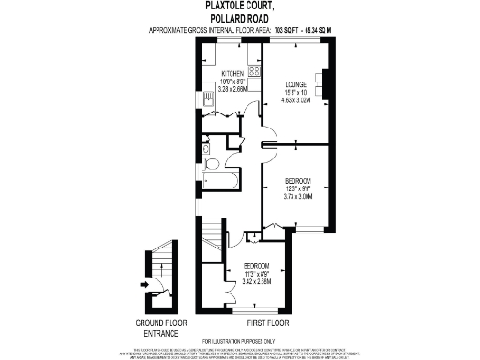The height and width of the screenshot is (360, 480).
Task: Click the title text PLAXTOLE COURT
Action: click(239, 6)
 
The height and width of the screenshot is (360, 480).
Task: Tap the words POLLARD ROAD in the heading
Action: click(239, 18)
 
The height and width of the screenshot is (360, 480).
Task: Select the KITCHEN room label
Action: click(232, 73)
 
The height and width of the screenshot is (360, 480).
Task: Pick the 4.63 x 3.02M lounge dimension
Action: click(297, 99)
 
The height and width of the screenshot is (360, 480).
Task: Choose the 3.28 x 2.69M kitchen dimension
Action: click(232, 89)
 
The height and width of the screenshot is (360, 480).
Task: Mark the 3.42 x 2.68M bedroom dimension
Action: click(256, 280)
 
